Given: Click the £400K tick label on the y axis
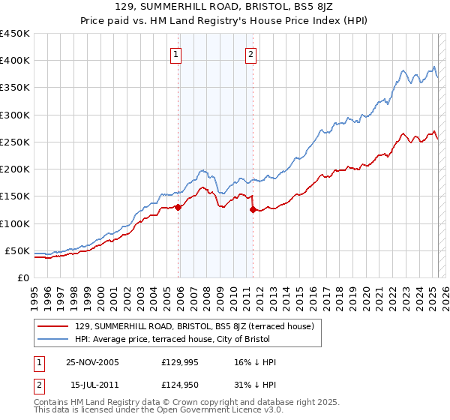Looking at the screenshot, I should click(14, 61).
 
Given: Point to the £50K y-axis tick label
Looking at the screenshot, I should click(17, 250).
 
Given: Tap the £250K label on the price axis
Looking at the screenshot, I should click(14, 142).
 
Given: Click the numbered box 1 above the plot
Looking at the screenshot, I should click(175, 54).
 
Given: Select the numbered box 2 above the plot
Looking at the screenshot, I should click(250, 54).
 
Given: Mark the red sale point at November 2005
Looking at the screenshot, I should click(178, 207).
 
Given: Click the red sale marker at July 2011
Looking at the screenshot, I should click(253, 210).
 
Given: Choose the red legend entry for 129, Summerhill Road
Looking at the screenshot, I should click(199, 326).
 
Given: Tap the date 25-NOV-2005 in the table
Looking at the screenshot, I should click(92, 362).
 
